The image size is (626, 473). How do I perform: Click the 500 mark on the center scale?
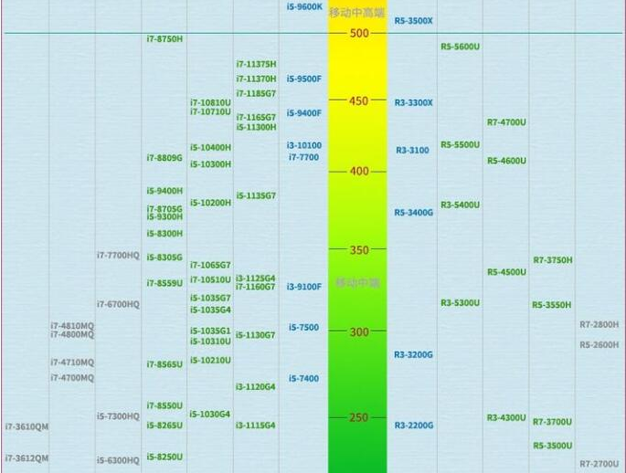358,34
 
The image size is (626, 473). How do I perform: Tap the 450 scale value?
358,101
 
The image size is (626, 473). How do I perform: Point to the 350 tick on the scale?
358,250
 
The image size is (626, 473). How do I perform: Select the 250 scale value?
358,418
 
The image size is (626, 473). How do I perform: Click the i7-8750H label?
164,39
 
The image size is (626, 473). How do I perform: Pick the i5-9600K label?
304,6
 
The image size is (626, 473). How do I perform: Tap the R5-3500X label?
414,20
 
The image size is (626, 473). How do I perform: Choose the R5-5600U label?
461,47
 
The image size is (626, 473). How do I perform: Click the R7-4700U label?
506,122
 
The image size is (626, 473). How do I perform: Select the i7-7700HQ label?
118,256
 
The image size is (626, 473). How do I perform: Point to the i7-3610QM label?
27,426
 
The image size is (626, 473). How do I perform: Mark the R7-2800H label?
599,324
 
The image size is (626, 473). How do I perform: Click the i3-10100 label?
304,145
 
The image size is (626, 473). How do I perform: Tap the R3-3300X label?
414,102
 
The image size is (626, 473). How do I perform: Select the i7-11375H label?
256,64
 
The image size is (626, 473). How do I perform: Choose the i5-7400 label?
304,378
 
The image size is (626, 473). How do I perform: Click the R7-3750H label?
553,260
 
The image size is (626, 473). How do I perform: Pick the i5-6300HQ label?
118,460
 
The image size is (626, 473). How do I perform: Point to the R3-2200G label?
414,426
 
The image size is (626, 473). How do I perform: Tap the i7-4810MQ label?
72,325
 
